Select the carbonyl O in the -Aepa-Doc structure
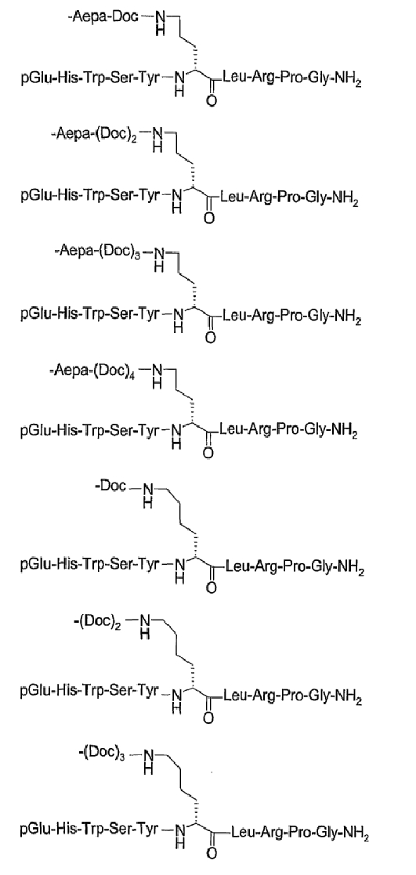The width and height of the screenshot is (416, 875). coord(209,102)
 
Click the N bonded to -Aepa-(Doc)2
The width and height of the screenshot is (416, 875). coord(158,135)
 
